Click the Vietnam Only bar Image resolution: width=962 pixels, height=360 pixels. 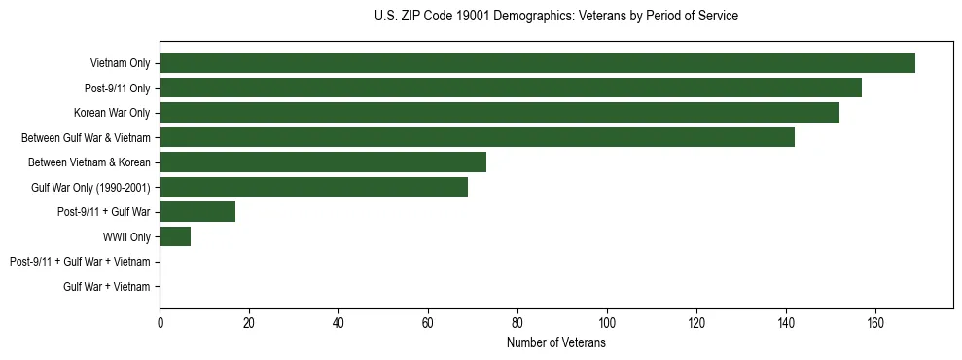(537, 62)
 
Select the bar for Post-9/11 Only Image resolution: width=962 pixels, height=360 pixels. (511, 88)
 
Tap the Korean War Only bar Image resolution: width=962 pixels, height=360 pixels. (499, 112)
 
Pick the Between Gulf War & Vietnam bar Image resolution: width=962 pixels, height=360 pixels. (477, 137)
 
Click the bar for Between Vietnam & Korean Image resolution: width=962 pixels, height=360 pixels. (323, 162)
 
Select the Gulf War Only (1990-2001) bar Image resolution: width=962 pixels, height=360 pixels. (313, 187)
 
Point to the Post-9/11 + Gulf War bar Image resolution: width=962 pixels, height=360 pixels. (197, 211)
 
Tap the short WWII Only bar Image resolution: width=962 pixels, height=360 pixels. (175, 236)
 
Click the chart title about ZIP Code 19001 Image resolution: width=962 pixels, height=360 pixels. (555, 17)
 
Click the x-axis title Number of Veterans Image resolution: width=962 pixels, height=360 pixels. (555, 343)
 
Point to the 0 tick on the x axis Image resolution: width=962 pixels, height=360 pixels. (160, 323)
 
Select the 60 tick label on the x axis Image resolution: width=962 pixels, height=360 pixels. (428, 323)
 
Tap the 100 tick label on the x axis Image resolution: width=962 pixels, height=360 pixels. (607, 323)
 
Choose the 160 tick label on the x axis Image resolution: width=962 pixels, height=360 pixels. (875, 323)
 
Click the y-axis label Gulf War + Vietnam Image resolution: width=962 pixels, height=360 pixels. (107, 286)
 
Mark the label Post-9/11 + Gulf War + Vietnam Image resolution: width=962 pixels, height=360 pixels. (80, 262)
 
